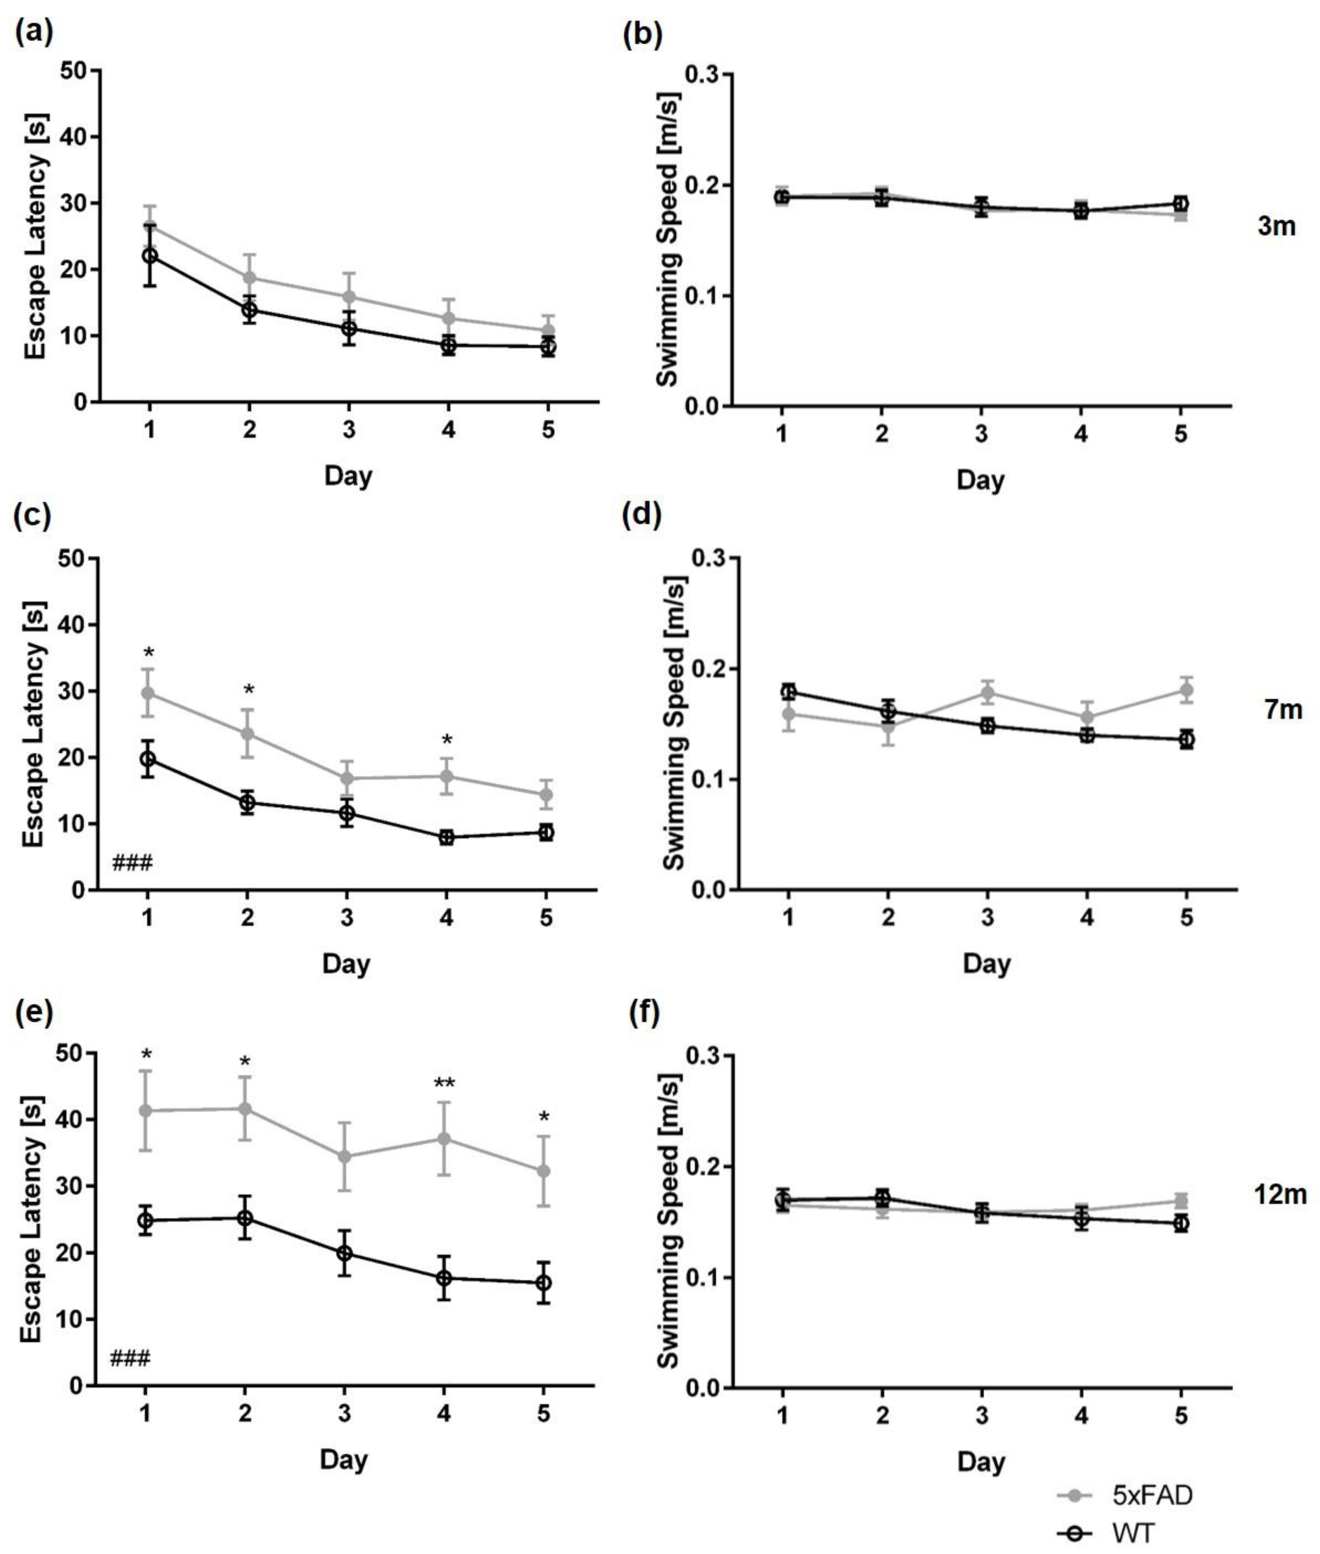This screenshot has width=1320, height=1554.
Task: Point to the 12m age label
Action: tap(1280, 1195)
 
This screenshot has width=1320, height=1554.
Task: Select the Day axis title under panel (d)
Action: tap(986, 963)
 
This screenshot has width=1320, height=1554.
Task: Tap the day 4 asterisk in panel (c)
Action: tap(447, 740)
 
